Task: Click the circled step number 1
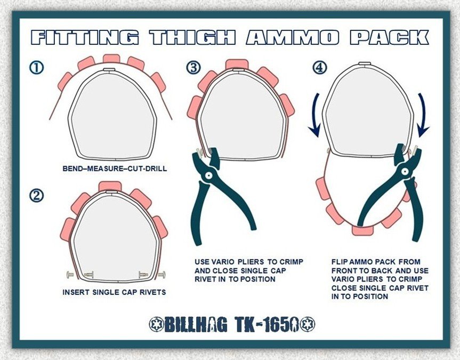tap(36, 67)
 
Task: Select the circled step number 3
tap(193, 67)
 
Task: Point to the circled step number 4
tap(319, 67)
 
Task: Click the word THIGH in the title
tap(193, 37)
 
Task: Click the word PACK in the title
tap(389, 37)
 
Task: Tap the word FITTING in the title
tap(85, 37)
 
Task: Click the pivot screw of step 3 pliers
tap(209, 175)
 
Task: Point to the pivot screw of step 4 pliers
tap(405, 171)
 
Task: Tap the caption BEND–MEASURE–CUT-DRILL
tap(115, 169)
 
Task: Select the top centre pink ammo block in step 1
tap(111, 59)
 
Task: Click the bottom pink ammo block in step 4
tap(363, 230)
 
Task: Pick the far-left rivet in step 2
tap(71, 275)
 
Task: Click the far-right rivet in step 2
tap(162, 275)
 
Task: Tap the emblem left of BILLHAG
tap(156, 324)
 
